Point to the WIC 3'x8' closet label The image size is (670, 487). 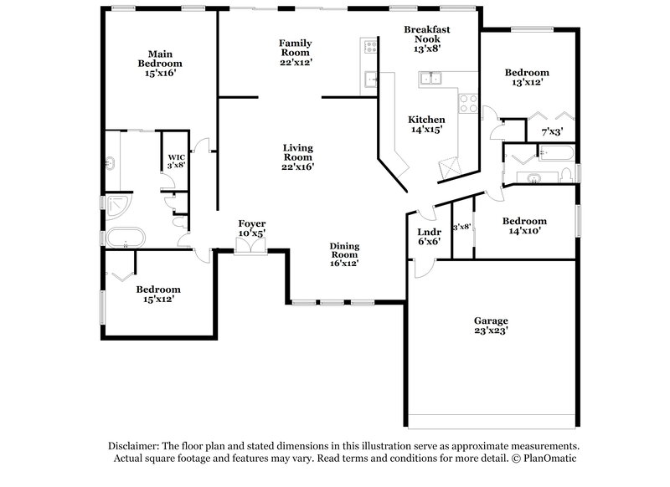point(176,161)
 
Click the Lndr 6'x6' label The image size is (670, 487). point(424,237)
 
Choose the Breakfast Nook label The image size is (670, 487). point(427,38)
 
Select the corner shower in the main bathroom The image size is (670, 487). point(114,203)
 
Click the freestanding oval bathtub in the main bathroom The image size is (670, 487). point(126,238)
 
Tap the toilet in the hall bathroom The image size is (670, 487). point(567,174)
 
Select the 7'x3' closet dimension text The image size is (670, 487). point(552,131)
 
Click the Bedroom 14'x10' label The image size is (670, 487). point(524,227)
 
